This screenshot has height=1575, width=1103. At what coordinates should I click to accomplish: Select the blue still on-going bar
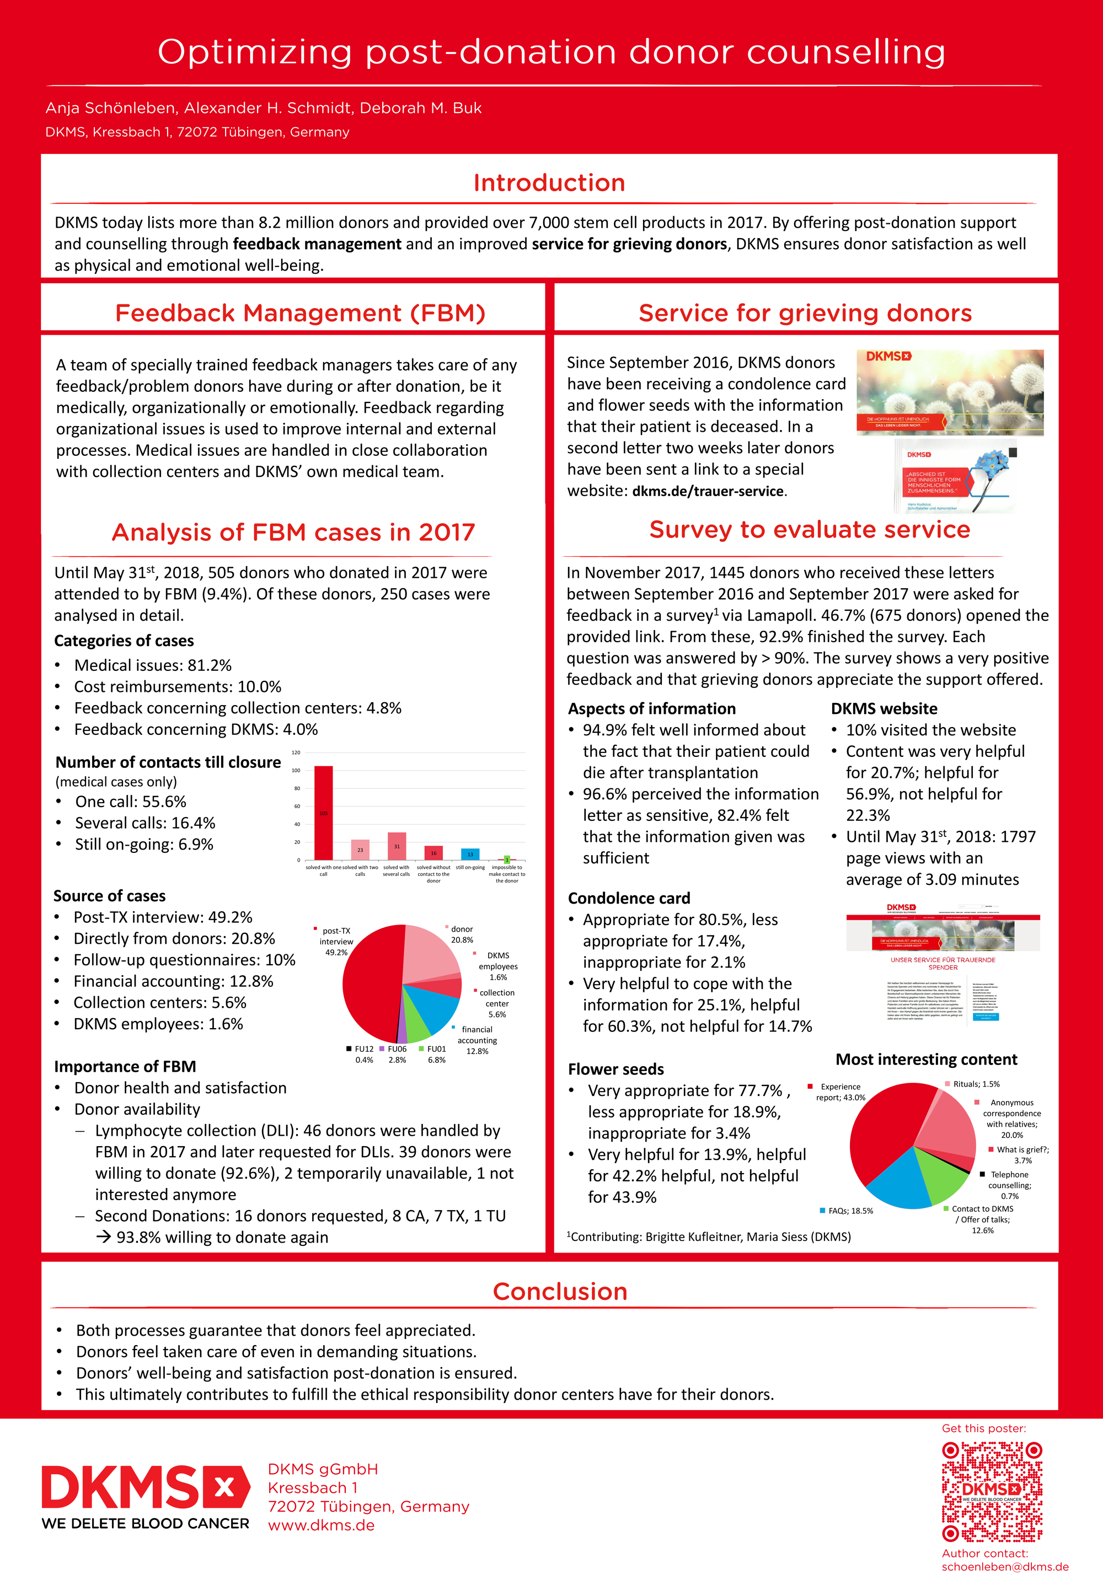pos(470,854)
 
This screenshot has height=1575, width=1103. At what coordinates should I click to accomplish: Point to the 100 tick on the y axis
pos(296,770)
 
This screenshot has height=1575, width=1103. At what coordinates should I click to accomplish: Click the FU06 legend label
pos(397,1049)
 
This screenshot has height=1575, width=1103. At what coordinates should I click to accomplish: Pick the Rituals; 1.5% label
pos(976,1084)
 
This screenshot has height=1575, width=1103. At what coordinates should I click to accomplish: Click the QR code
pos(992,1491)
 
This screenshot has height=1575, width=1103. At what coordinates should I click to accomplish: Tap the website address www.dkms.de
pos(321,1525)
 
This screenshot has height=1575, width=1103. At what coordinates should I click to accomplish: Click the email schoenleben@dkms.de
pos(1005,1566)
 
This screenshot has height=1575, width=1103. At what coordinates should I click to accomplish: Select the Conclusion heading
pos(560,1291)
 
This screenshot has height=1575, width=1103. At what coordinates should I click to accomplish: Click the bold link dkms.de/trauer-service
pos(708,491)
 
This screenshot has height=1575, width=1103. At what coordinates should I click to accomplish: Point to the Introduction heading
pos(549,182)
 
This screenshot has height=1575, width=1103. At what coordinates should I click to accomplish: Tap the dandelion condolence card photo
pos(949,392)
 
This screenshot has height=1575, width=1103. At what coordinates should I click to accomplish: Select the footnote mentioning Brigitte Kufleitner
pos(708,1236)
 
